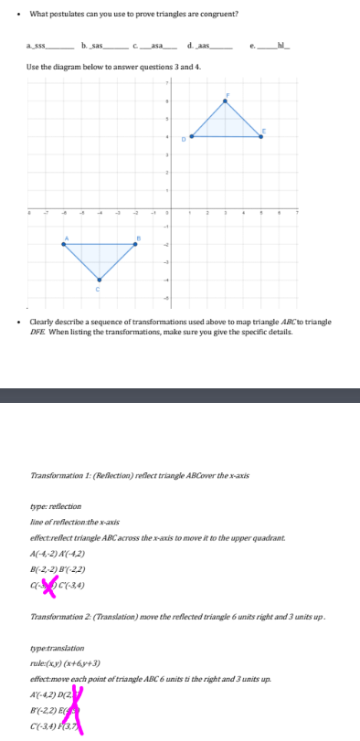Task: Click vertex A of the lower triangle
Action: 64,244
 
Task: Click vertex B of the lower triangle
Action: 135,244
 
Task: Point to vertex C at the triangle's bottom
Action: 100,280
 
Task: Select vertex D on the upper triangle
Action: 189,136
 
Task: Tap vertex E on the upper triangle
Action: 260,136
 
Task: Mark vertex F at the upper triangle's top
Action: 225,101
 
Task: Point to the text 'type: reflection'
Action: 56,505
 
